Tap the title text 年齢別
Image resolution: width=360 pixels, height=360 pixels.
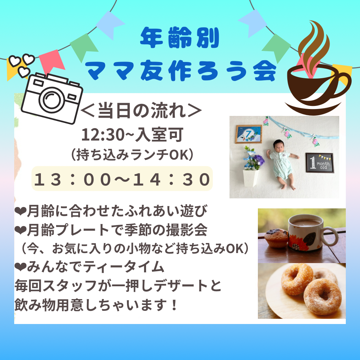[180, 38]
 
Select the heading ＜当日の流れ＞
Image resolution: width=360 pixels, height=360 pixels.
[141, 110]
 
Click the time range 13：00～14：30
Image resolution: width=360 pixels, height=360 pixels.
[122, 179]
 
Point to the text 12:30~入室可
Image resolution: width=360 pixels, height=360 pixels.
[133, 135]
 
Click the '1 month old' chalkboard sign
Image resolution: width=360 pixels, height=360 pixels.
[319, 163]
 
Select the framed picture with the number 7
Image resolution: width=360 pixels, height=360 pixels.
[249, 134]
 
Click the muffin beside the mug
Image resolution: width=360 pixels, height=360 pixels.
[276, 238]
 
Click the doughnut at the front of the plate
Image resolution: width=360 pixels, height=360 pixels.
[322, 297]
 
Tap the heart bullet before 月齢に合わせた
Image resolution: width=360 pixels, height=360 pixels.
[20, 211]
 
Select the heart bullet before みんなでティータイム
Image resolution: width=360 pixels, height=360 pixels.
[20, 267]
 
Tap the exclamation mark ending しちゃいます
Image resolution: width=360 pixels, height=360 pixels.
[174, 305]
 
